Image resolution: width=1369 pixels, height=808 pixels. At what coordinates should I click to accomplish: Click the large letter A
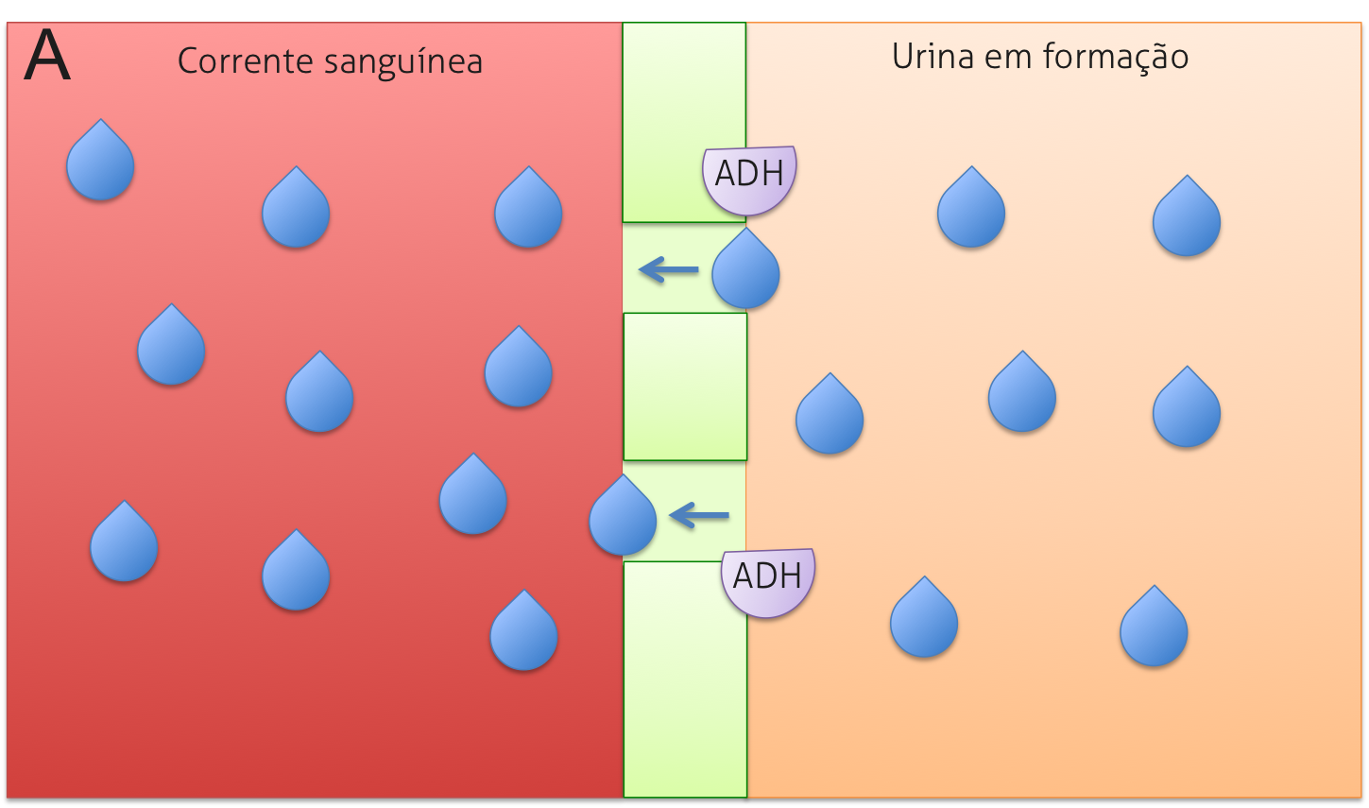[47, 57]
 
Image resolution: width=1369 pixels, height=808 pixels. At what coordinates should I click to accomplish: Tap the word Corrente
[245, 61]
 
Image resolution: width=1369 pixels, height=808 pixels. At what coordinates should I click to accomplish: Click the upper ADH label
[749, 175]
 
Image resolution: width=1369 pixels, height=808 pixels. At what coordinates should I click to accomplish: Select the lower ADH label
[767, 576]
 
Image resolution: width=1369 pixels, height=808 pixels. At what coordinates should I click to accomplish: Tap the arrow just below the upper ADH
[669, 270]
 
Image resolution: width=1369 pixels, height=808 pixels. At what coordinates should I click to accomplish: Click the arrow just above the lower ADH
[699, 516]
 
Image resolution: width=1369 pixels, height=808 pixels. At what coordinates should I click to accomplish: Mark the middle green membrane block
[685, 387]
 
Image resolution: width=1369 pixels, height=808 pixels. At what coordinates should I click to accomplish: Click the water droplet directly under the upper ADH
[745, 273]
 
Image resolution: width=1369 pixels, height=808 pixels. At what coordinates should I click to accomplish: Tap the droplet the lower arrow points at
[623, 519]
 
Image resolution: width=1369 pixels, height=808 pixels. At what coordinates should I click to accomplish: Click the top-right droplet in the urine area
[1187, 220]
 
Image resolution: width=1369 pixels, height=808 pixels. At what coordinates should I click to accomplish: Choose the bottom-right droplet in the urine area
[1154, 630]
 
